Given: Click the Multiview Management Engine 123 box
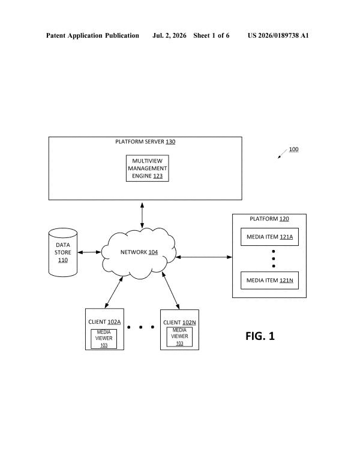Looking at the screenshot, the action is (148, 168).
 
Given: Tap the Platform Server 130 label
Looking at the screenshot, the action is (145, 141).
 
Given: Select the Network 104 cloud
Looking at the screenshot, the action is (139, 253).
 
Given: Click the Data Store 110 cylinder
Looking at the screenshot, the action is (63, 252).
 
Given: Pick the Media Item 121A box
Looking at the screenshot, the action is (269, 237).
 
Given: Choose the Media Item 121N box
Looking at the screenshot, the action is (269, 280).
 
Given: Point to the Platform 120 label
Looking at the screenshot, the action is (269, 219).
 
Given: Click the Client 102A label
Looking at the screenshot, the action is (104, 322).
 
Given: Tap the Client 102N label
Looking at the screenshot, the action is (179, 323).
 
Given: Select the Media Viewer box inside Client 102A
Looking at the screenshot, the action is (104, 339).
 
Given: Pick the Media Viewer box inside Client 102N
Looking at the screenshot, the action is (179, 337).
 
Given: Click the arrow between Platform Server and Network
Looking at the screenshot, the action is (142, 215).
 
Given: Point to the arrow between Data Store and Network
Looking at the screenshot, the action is (89, 252).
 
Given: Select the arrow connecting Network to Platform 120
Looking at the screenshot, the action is (204, 257).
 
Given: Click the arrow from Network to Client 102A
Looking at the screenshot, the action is (114, 293).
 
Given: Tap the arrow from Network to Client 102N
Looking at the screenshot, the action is (170, 291).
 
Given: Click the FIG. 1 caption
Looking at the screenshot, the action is (260, 336).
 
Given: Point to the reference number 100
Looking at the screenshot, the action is (293, 149).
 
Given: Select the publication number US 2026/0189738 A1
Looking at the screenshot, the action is (278, 35).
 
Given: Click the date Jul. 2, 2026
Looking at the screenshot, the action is (169, 35).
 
